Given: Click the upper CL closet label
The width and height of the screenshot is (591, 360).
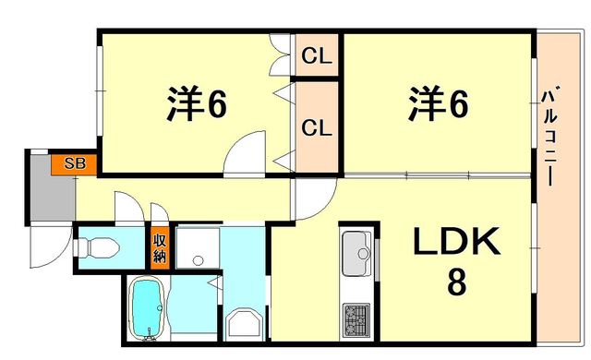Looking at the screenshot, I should [317, 56].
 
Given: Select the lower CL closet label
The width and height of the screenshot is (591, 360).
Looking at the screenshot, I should [317, 127].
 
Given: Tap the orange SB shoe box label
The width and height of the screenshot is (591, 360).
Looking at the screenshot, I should [75, 164].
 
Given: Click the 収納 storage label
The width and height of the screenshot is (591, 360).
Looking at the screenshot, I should [159, 247].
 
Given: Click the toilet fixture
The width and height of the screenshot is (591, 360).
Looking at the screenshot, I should [96, 247].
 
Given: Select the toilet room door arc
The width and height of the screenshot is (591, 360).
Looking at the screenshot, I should [128, 207].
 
